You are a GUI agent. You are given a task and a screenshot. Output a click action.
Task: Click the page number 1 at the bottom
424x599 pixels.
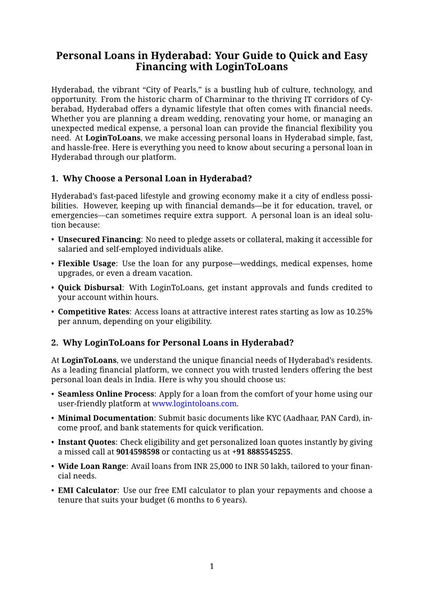coord(211,566)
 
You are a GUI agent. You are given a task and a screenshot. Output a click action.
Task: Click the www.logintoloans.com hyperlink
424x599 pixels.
coord(194,404)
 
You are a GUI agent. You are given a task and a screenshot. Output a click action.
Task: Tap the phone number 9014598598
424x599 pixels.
coord(138,452)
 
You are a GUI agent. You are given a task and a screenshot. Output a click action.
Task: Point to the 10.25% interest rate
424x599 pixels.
coord(359,312)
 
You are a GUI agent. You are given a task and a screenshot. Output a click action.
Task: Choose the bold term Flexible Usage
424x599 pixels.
coord(87,263)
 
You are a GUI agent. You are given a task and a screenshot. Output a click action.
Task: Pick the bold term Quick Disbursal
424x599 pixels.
coord(90,287)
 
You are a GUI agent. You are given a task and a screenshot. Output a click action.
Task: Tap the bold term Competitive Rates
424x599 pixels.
coord(93,312)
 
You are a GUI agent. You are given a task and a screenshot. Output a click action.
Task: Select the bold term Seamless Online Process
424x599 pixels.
coord(106,394)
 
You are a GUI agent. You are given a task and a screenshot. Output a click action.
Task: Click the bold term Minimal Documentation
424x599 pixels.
coord(106,418)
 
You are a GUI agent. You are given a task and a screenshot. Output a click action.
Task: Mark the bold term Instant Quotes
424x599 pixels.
coord(87,442)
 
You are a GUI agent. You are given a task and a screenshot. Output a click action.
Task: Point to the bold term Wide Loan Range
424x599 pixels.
coord(92,466)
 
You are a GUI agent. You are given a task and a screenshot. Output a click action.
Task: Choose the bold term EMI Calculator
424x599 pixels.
coord(87,490)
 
